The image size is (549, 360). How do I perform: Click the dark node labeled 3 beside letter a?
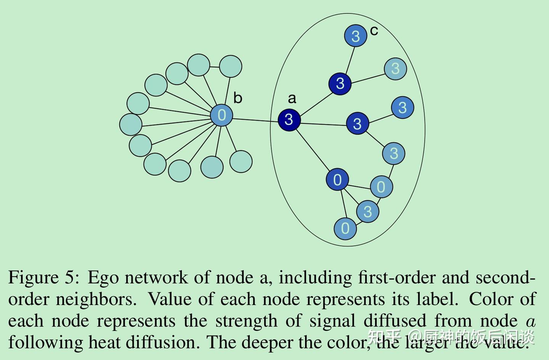289,120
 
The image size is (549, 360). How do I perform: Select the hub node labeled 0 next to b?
222,115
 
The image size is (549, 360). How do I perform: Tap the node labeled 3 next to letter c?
355,36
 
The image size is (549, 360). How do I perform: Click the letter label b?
238,98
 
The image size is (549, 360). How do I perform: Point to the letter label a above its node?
292,98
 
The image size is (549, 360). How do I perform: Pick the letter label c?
374,30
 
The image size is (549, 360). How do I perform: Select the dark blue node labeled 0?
337,179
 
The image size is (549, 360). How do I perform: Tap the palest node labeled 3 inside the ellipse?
395,69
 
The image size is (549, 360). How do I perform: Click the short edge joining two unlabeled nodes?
215,66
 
